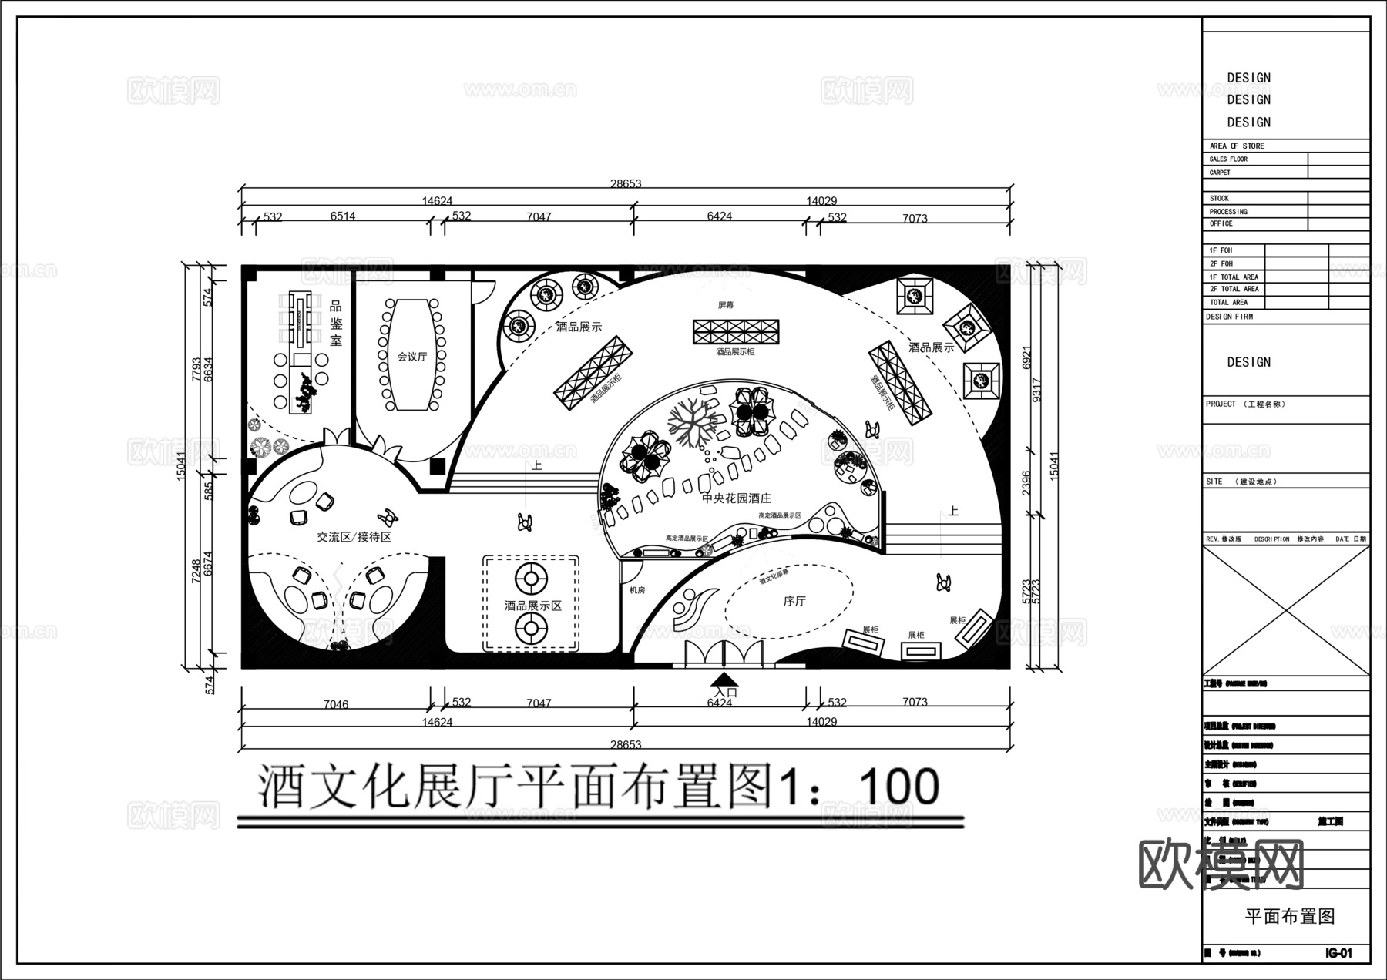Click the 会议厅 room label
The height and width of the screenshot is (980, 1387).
point(411,357)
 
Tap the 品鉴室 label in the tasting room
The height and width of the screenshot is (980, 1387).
point(336,324)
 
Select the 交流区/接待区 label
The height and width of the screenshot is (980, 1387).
point(354,537)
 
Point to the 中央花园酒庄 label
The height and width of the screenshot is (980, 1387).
point(736,499)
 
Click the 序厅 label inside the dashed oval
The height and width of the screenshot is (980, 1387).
point(794,601)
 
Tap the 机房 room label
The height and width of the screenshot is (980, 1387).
point(637,590)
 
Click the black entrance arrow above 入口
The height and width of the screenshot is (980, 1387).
point(723,679)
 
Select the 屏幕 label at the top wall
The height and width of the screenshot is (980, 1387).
point(726,305)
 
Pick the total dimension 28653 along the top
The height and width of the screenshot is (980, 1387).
point(626,184)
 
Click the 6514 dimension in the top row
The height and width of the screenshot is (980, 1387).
point(343,216)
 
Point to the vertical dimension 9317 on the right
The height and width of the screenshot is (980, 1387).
point(1036,390)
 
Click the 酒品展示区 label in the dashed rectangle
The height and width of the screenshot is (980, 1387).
point(533,606)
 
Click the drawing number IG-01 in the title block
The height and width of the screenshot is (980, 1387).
point(1338,953)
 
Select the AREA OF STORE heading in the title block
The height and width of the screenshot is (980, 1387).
point(1237,146)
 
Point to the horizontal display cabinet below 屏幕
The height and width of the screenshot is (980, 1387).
point(736,332)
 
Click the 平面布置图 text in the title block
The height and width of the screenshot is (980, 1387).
point(1289,916)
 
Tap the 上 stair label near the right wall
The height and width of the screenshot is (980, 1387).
point(953,511)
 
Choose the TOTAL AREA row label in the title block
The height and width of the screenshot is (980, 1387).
point(1229,302)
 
